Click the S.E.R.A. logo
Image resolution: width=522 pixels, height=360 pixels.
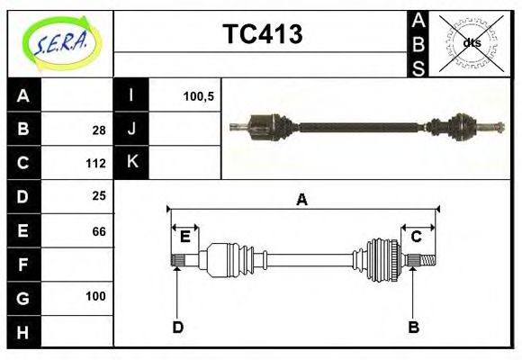tap(58, 43)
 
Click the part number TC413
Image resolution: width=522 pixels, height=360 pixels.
tap(262, 35)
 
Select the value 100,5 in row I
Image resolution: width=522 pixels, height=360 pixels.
tap(198, 95)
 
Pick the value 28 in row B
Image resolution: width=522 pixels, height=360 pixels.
tap(98, 130)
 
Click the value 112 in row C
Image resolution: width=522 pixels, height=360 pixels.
tap(96, 164)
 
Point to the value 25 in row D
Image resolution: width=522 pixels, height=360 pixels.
tap(98, 195)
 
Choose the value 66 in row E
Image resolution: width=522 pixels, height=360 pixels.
tap(98, 231)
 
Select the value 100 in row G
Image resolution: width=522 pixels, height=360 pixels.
tap(95, 296)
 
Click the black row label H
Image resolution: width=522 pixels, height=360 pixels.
tap(23, 332)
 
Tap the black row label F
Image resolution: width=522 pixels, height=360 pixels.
tap(23, 265)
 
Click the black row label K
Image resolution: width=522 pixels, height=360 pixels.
tap(131, 162)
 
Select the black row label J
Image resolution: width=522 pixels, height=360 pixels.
tap(131, 129)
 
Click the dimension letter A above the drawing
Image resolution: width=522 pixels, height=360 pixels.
tap(301, 200)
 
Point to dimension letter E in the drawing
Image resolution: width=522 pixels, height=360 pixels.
tap(184, 237)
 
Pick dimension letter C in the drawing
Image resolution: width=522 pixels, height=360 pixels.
tap(417, 237)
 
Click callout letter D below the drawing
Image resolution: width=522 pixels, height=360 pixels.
tap(177, 327)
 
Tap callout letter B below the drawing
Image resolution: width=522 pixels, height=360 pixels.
tap(413, 327)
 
